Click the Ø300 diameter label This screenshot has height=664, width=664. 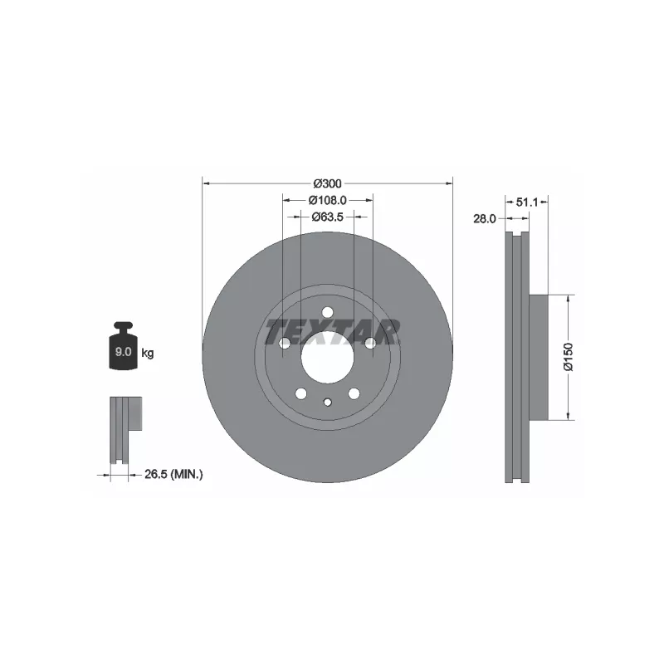pyautogui.click(x=327, y=183)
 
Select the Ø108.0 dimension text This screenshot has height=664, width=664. pyautogui.click(x=327, y=200)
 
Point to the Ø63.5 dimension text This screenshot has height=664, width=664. pyautogui.click(x=327, y=217)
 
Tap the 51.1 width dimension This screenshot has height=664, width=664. pyautogui.click(x=527, y=203)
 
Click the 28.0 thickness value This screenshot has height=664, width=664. pyautogui.click(x=485, y=218)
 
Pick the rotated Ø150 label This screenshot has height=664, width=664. pyautogui.click(x=569, y=357)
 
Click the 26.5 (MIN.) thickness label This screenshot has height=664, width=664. pyautogui.click(x=173, y=474)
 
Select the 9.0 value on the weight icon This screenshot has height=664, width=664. pyautogui.click(x=123, y=351)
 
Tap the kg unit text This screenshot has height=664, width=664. pyautogui.click(x=148, y=353)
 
